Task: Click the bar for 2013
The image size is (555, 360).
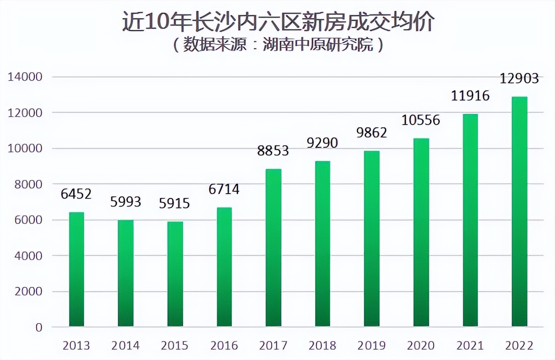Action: tap(77, 269)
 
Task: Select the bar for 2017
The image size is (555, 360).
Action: tap(273, 247)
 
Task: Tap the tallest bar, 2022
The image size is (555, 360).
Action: tap(519, 211)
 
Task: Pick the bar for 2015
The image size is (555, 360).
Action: tap(175, 274)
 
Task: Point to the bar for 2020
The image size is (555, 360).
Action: tap(421, 232)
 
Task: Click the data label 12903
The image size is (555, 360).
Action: tap(519, 78)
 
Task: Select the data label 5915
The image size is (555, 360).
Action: tap(174, 203)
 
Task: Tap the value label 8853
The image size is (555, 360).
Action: tap(273, 151)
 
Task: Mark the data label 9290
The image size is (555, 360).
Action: tap(322, 143)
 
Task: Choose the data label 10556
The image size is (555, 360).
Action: tap(421, 120)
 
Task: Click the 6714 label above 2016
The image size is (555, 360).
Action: tap(224, 189)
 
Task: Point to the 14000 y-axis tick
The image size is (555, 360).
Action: tap(25, 77)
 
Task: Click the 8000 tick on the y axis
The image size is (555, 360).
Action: tap(28, 184)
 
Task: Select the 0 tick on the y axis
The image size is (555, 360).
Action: tap(38, 328)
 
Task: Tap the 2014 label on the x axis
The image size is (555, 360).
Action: tap(125, 345)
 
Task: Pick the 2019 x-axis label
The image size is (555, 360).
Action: tap(371, 345)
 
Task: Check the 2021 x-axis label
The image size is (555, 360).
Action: tap(470, 345)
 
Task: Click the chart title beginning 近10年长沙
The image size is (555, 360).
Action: tap(278, 22)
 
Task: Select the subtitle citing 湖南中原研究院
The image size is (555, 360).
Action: tap(278, 44)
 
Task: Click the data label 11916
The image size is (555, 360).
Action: tap(470, 95)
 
